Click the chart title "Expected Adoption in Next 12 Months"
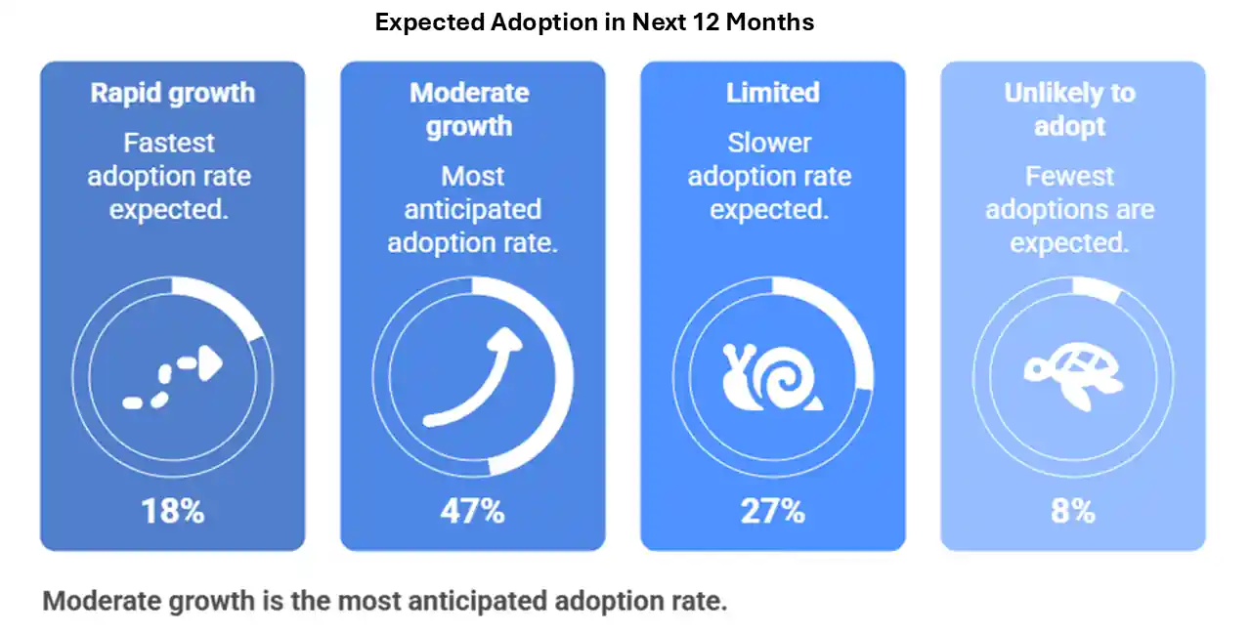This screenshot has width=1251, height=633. [x=594, y=21]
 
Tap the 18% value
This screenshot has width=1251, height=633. [x=172, y=510]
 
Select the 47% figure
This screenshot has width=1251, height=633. [x=472, y=510]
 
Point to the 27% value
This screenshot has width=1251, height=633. [x=773, y=510]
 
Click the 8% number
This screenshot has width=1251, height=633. [x=1072, y=510]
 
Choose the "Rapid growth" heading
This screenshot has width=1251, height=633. [x=172, y=93]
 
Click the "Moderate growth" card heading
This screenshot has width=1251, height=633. [x=469, y=109]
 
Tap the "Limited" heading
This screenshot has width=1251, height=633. [x=772, y=93]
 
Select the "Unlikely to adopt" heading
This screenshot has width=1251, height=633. [x=1070, y=109]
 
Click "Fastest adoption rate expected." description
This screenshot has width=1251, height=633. [x=169, y=176]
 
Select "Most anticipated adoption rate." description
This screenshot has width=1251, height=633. [x=472, y=209]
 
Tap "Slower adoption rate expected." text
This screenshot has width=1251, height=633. [x=770, y=176]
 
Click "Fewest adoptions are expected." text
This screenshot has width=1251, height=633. [x=1070, y=209]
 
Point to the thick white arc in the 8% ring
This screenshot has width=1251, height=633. [x=1097, y=290]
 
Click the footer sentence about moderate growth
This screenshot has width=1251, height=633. [x=385, y=600]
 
